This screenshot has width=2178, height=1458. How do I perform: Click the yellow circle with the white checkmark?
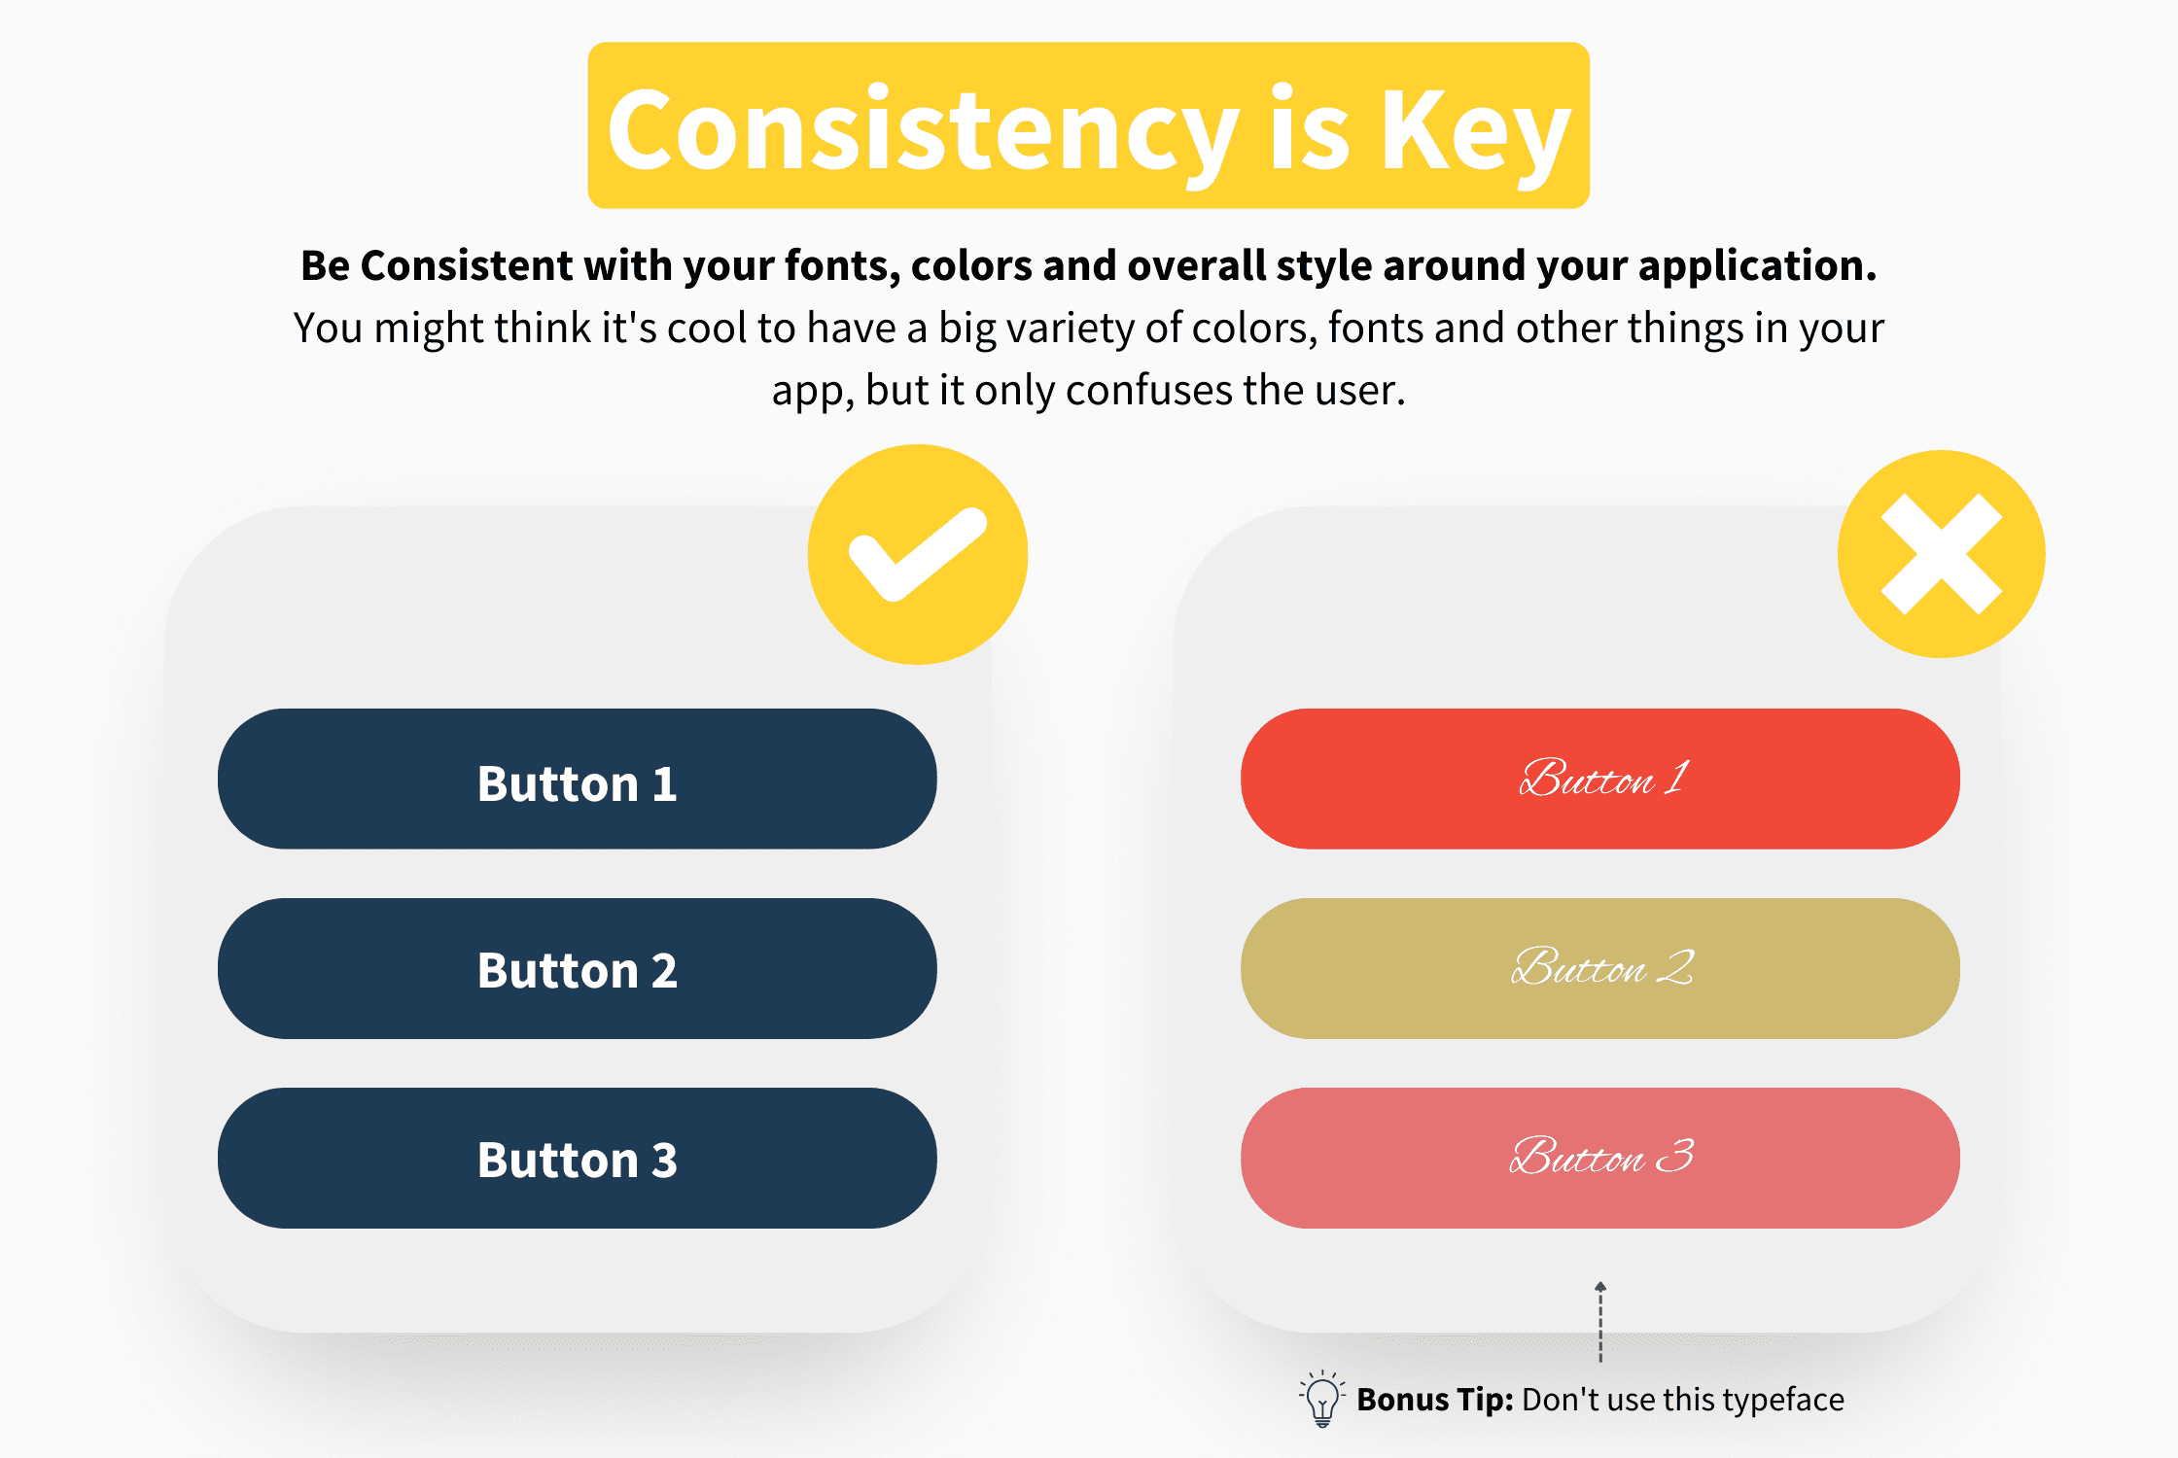pyautogui.click(x=918, y=554)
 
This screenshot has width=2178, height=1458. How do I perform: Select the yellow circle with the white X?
pyautogui.click(x=1941, y=554)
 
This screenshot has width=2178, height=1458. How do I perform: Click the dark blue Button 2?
pyautogui.click(x=578, y=968)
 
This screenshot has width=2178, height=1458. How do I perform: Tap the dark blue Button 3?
pyautogui.click(x=578, y=1158)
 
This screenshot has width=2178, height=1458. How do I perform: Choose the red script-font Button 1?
pyautogui.click(x=1600, y=779)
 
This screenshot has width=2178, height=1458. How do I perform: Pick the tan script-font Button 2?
pyautogui.click(x=1600, y=968)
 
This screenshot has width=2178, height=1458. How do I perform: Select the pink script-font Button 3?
pyautogui.click(x=1600, y=1158)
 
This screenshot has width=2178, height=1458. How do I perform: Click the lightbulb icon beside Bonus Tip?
pyautogui.click(x=1322, y=1399)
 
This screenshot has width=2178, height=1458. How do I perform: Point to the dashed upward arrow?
pyautogui.click(x=1600, y=1322)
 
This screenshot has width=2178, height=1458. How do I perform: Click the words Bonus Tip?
pyautogui.click(x=1435, y=1400)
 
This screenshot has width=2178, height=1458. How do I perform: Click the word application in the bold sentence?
pyautogui.click(x=1757, y=266)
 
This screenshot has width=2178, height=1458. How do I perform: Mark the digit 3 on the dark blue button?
pyautogui.click(x=664, y=1160)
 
